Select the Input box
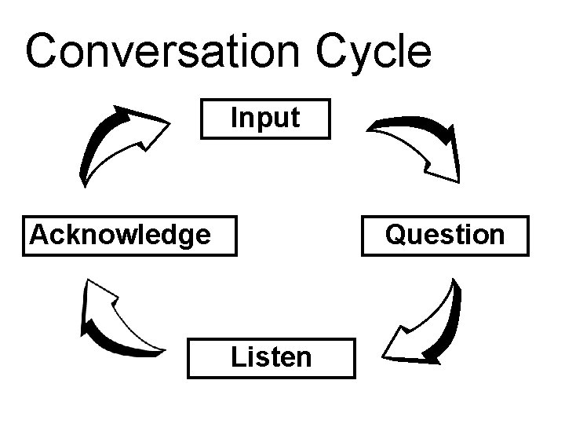point(265,119)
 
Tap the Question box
point(445,235)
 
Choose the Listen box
point(271,356)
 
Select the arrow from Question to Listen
point(428,322)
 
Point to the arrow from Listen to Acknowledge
point(118,322)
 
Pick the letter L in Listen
point(237,356)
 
